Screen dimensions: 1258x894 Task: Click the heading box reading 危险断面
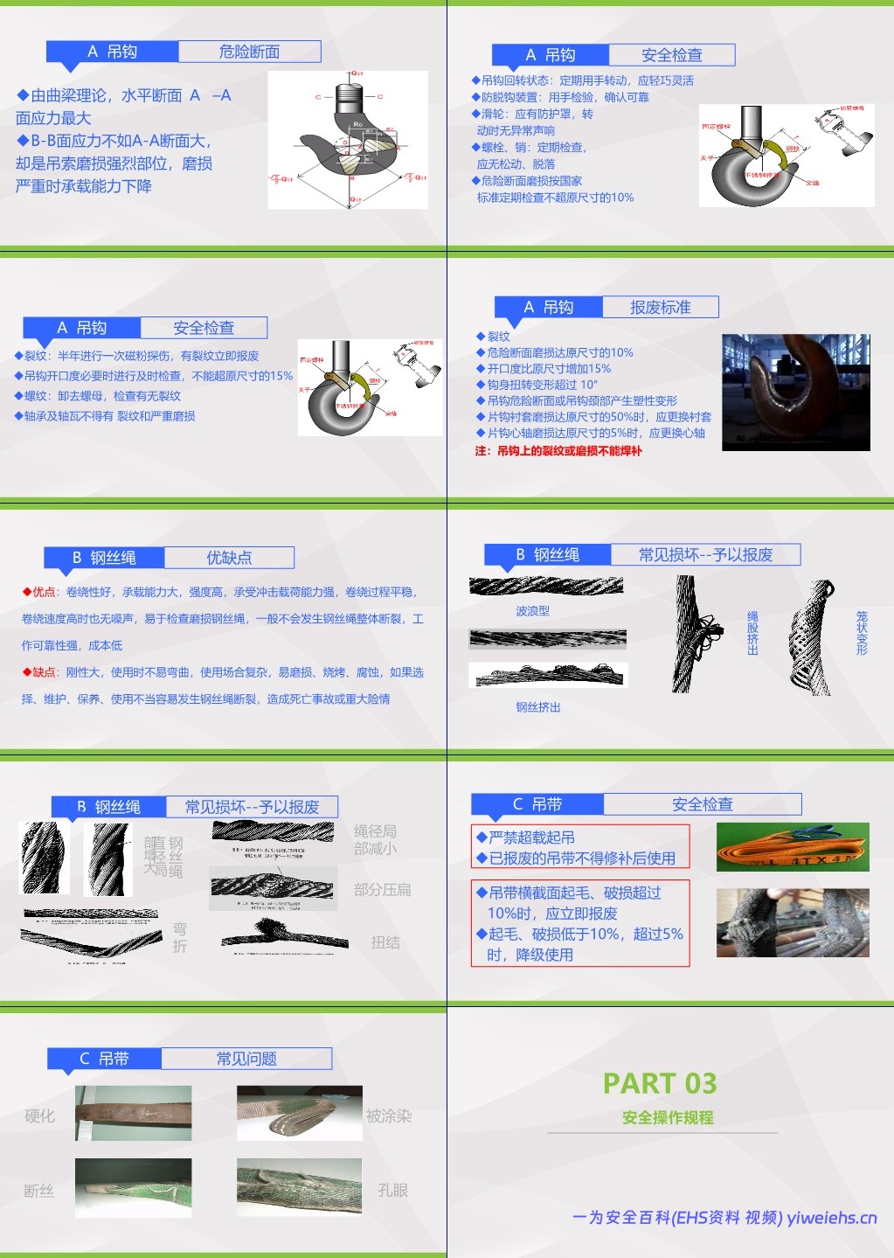click(x=249, y=52)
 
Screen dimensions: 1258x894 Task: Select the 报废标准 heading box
click(x=660, y=308)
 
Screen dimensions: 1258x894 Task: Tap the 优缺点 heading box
click(x=229, y=558)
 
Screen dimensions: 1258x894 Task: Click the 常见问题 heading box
click(x=246, y=1059)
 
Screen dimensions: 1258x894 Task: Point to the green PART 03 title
click(x=660, y=1083)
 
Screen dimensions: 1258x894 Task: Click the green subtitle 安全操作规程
click(x=668, y=1117)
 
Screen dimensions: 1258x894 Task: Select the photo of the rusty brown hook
click(x=795, y=393)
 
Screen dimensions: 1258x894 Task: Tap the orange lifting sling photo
click(x=793, y=846)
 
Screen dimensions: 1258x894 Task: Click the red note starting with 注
click(x=558, y=451)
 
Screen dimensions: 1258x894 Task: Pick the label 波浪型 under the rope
click(x=532, y=611)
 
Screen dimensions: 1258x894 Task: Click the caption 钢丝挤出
click(x=537, y=707)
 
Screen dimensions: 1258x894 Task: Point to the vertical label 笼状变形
click(x=862, y=633)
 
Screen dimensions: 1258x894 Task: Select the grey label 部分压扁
click(x=382, y=890)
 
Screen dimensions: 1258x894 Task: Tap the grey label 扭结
click(x=385, y=942)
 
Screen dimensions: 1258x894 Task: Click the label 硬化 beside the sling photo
click(x=39, y=1116)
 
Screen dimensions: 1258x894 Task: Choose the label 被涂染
click(x=389, y=1116)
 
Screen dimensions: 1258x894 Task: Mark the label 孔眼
click(x=392, y=1191)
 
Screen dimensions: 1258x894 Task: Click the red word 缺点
click(x=44, y=672)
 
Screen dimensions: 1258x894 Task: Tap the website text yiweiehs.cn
click(x=831, y=1218)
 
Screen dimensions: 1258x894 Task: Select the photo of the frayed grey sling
click(x=793, y=922)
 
